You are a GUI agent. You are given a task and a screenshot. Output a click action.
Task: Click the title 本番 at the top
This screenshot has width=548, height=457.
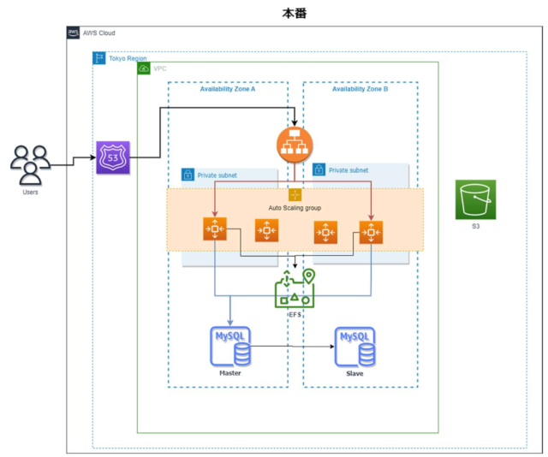(295, 15)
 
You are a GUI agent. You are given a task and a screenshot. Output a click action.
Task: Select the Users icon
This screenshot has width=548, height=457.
(30, 164)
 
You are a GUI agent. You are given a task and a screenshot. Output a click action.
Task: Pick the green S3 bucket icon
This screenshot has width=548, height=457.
(475, 199)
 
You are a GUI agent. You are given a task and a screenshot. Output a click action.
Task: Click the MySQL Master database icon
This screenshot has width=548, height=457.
(230, 347)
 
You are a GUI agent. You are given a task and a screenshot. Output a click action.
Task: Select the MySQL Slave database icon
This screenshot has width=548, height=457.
(354, 347)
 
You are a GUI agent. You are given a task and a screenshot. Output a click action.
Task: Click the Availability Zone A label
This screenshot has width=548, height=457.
(228, 89)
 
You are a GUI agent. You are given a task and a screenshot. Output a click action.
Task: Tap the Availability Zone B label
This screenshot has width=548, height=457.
(360, 89)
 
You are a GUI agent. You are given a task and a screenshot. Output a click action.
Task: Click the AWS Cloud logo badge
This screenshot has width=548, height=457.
(74, 33)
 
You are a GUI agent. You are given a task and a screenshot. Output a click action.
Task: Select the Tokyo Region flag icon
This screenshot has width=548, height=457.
(99, 57)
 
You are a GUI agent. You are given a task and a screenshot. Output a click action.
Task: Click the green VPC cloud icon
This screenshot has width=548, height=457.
(144, 68)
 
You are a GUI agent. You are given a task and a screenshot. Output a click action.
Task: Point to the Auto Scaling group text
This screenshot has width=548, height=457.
(295, 208)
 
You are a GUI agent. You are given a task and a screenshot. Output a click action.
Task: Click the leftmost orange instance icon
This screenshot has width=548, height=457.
(213, 230)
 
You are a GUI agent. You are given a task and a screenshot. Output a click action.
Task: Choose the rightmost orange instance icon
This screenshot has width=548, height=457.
(371, 231)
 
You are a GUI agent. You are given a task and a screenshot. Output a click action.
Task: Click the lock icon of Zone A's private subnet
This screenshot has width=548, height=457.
(188, 175)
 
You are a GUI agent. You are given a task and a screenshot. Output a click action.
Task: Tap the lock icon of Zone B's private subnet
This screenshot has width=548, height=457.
(319, 169)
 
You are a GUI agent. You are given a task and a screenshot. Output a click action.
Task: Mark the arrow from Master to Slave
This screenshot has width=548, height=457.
(291, 347)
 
